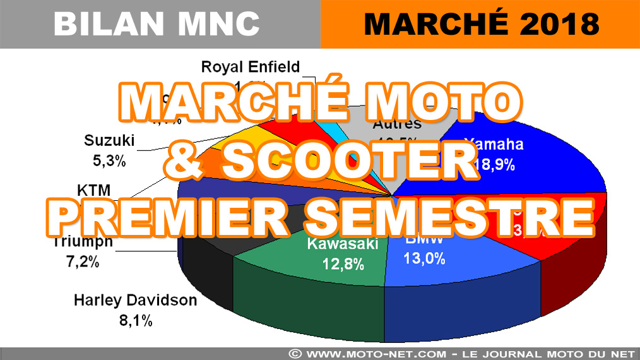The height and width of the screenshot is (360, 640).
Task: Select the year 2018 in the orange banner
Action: point(556,24)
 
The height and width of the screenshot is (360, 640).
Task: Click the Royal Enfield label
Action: point(251,66)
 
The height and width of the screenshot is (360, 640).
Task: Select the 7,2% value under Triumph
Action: point(83,261)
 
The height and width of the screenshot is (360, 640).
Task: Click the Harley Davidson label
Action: point(135,300)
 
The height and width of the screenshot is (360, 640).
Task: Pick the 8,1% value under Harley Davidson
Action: point(135,320)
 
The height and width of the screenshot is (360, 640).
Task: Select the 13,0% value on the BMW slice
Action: point(424,258)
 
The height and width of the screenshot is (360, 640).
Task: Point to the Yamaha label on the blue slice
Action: point(494,144)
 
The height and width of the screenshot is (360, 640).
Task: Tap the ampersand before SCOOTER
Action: point(183,160)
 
